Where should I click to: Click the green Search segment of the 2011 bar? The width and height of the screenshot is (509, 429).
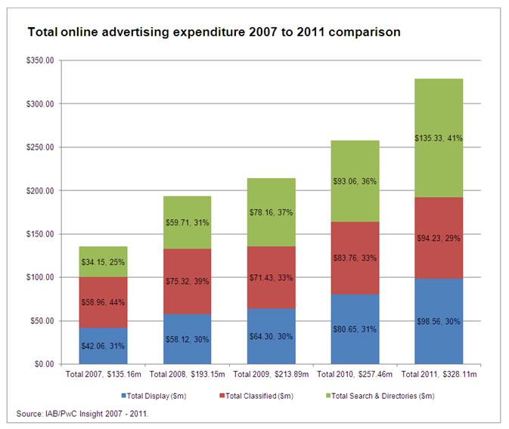coord(438,113)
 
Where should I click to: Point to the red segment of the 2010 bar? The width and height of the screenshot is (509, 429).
coord(354,242)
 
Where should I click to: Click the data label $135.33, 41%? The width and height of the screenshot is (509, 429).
coord(438,138)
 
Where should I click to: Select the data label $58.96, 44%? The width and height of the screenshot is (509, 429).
coord(102,302)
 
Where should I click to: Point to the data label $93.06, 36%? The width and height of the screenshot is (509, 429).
coord(354,181)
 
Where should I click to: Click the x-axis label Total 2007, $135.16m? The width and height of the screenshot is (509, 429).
coord(102,374)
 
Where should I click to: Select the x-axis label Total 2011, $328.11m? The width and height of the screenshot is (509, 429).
coord(438,374)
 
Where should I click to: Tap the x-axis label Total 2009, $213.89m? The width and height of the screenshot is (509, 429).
coord(270,374)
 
